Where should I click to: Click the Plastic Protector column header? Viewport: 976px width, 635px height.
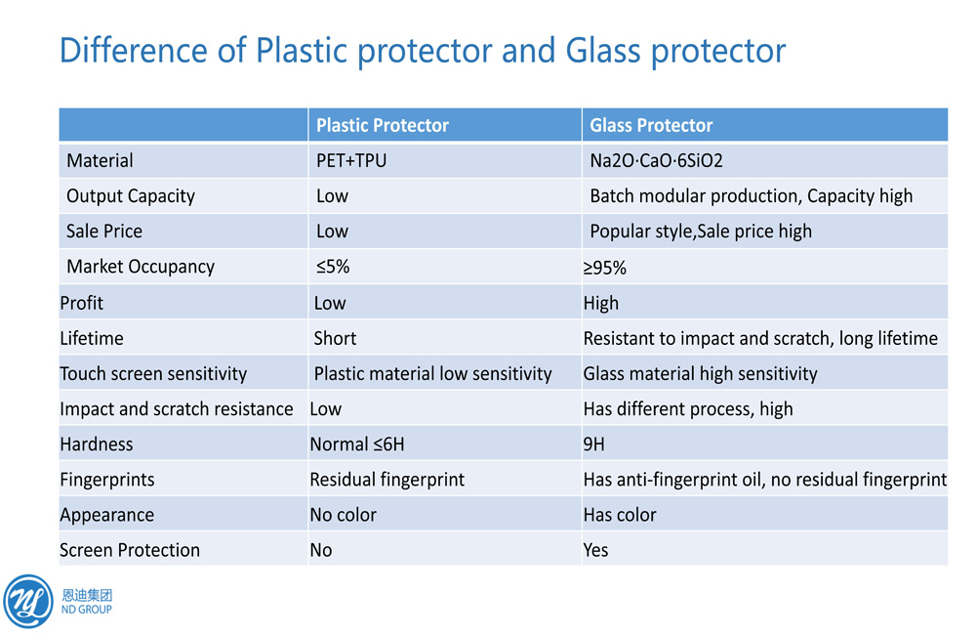click(383, 125)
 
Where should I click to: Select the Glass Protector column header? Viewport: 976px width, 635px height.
click(651, 125)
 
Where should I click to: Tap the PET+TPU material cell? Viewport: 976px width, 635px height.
click(351, 161)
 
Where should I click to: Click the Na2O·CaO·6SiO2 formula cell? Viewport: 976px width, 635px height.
click(656, 161)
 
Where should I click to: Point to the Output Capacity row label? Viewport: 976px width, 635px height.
click(131, 196)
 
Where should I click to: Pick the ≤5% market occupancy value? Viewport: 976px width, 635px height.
click(333, 267)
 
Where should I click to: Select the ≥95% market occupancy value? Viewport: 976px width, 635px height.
click(604, 268)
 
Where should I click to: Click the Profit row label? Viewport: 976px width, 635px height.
click(82, 303)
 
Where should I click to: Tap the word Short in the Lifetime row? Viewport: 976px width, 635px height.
click(335, 338)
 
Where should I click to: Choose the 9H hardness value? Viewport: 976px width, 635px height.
click(593, 444)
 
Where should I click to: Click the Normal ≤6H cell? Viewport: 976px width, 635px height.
click(357, 444)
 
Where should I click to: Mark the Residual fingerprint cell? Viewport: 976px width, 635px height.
click(387, 480)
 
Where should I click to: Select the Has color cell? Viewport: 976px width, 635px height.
click(620, 515)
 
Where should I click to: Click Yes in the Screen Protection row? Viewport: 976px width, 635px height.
click(595, 550)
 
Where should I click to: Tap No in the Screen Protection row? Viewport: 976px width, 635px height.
click(321, 550)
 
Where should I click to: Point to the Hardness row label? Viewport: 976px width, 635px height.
click(97, 444)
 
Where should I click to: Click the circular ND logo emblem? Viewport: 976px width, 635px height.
click(28, 602)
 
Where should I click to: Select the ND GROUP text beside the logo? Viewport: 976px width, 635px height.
click(87, 610)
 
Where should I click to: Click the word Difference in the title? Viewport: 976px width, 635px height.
click(134, 50)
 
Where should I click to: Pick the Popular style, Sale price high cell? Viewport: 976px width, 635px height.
click(701, 232)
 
